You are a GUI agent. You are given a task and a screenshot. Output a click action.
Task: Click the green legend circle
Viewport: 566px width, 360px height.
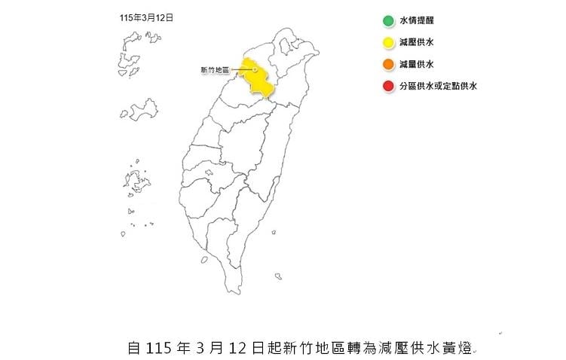(387, 21)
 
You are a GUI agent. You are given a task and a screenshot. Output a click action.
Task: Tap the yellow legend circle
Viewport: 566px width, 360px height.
(387, 43)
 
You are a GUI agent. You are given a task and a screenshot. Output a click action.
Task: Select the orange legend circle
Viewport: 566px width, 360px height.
(387, 65)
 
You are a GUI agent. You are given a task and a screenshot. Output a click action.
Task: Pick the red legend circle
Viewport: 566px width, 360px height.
(387, 87)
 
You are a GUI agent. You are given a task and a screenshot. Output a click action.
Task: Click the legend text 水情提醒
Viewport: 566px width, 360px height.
(416, 21)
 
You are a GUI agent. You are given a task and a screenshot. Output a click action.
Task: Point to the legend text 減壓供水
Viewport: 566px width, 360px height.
(416, 43)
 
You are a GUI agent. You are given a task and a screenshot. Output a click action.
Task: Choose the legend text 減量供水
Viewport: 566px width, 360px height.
(416, 65)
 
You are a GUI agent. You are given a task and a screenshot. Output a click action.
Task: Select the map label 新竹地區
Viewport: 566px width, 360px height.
(216, 71)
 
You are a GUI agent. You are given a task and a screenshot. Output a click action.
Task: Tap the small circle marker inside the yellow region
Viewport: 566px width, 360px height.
(255, 70)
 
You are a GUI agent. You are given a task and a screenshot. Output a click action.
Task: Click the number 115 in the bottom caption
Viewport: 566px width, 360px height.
(157, 348)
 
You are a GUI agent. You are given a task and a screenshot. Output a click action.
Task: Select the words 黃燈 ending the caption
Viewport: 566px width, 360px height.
(459, 348)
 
